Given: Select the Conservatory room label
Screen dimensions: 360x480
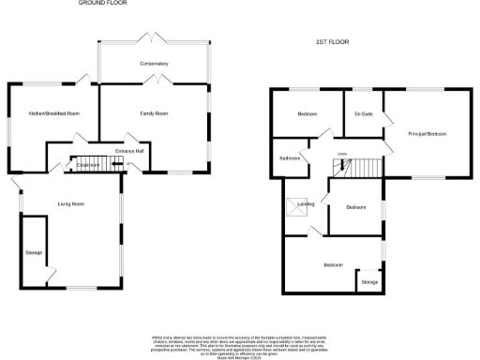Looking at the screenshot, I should [155, 64].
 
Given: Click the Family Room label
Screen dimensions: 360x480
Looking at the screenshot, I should [155, 113].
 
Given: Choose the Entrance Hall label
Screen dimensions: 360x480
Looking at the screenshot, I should [128, 150].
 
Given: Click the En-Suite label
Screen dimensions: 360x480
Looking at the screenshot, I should [364, 113].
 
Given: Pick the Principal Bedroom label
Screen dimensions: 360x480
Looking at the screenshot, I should [427, 134].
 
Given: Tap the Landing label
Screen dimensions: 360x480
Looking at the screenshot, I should [306, 203].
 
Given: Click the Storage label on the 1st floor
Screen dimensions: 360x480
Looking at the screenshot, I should [369, 281].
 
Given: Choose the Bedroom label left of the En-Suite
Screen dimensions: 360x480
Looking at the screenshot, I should [307, 113].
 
